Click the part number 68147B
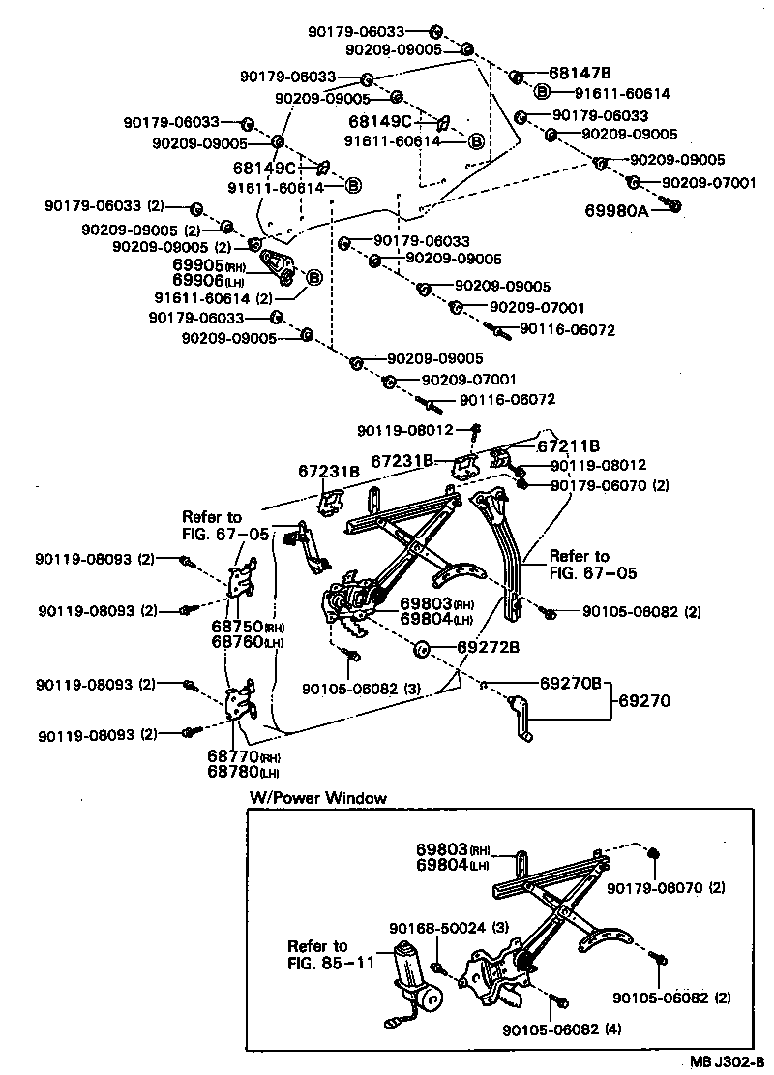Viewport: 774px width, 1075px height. (580, 73)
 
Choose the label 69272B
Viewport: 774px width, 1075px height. (489, 646)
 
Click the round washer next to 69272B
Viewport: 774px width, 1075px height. (422, 647)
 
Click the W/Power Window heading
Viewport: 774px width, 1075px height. (318, 798)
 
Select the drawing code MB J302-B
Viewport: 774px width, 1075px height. (727, 1061)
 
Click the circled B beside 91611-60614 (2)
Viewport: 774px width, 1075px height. (314, 279)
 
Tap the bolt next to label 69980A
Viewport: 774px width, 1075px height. (675, 205)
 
